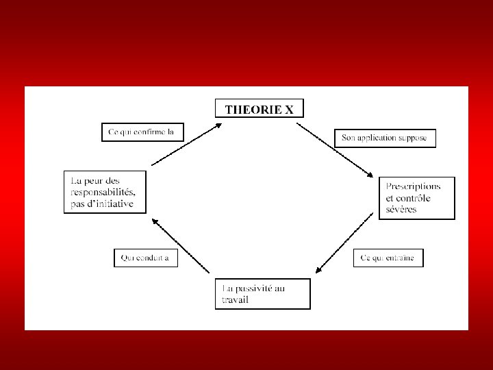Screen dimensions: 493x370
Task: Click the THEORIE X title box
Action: point(259,108)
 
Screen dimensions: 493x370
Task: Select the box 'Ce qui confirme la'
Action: point(142,132)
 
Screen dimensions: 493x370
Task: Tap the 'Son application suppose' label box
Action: point(384,138)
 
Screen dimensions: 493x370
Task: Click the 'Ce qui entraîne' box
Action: point(388,258)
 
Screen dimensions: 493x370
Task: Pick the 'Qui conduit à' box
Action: point(145,258)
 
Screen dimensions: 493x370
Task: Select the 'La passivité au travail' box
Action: point(262,294)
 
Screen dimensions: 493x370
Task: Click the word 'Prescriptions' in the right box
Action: point(413,186)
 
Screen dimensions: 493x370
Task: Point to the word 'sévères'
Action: point(401,209)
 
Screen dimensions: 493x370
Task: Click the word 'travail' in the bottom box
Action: point(235,300)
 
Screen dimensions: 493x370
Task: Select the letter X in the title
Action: point(290,108)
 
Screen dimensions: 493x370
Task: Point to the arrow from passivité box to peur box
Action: point(179,246)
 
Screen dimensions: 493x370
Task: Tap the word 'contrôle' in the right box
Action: point(414,198)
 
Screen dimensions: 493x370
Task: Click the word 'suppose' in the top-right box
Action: point(413,138)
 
